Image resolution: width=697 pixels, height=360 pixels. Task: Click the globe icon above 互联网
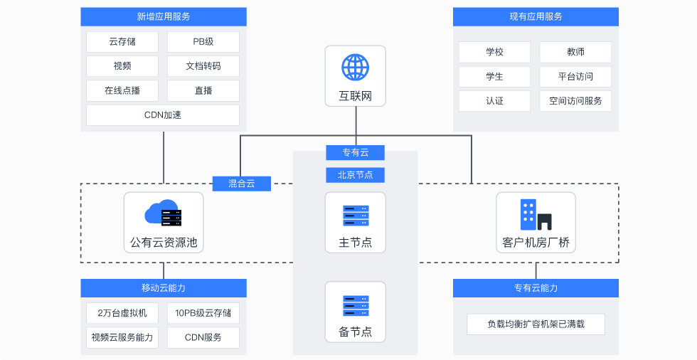pos(355,68)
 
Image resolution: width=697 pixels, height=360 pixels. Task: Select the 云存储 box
pos(122,42)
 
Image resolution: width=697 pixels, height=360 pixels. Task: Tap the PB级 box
pos(203,42)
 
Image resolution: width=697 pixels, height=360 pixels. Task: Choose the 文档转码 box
pos(203,66)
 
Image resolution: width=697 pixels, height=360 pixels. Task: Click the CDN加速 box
pos(163,115)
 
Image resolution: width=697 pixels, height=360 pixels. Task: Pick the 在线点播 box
pos(122,90)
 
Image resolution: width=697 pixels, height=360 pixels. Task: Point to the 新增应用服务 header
pos(164,16)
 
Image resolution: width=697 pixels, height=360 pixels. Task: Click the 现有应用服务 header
pos(536,16)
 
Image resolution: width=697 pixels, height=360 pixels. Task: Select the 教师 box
pos(575,52)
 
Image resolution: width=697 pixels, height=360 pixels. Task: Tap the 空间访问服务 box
pos(575,100)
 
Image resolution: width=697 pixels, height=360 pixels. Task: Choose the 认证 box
pos(494,100)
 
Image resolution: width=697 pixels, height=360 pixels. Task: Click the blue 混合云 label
pos(243,184)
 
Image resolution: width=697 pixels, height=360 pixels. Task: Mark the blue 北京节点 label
pos(355,174)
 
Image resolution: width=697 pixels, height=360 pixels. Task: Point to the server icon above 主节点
pos(355,216)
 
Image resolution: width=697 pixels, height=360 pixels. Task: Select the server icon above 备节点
pos(355,305)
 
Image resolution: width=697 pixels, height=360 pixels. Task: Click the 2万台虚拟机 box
pos(122,313)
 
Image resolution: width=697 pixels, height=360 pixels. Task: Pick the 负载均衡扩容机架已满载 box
pos(536,324)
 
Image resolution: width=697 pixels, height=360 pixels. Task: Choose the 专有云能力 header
pos(536,288)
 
